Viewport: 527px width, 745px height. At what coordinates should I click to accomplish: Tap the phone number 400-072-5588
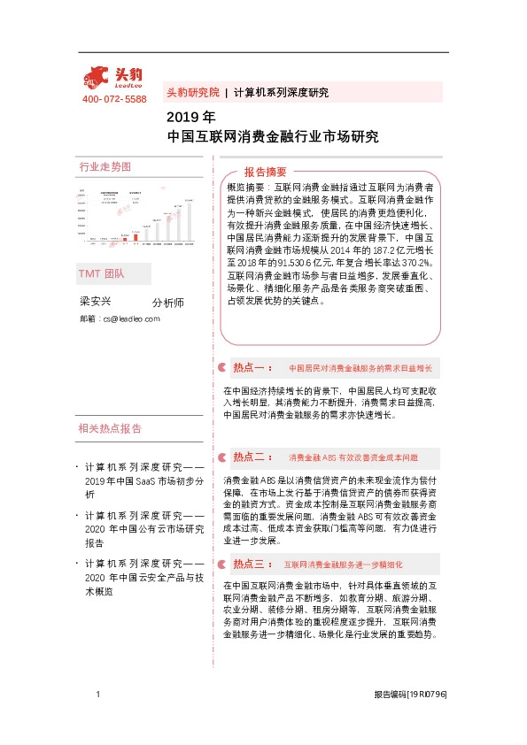pos(114,98)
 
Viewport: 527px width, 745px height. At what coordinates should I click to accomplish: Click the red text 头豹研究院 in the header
pos(192,92)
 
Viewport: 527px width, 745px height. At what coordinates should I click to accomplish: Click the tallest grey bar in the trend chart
pos(189,222)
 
